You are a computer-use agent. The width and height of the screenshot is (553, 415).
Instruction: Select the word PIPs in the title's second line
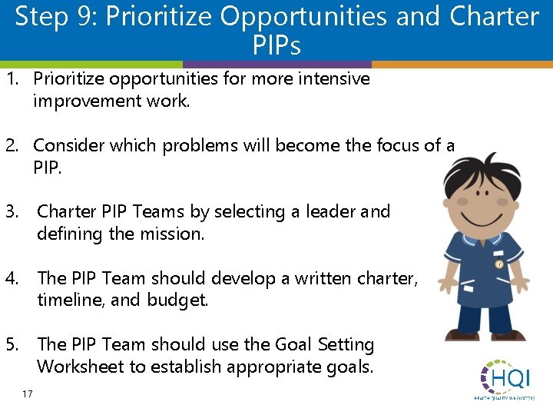276,45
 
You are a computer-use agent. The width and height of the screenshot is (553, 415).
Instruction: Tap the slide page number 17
28,394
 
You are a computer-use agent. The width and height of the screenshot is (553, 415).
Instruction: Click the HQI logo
507,378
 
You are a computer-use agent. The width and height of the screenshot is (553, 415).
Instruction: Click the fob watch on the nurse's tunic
498,264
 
